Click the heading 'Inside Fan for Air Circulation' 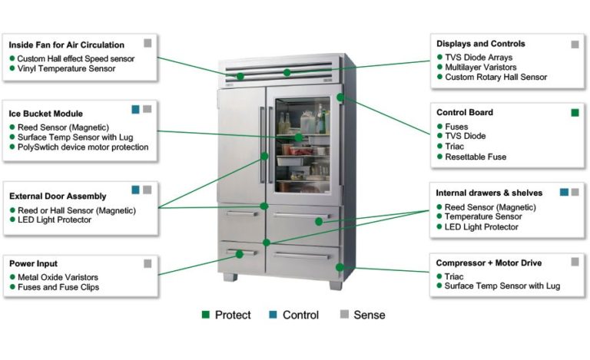click(77, 45)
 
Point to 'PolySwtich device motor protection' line click(82, 147)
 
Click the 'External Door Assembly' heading click(58, 196)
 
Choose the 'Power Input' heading click(33, 263)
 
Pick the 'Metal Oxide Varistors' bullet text click(57, 276)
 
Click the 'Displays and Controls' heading click(481, 44)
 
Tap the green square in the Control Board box click(575, 113)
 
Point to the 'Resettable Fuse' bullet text click(476, 157)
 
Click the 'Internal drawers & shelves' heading click(489, 193)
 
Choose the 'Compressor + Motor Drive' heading click(489, 263)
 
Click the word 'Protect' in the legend click(233, 315)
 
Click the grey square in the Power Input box click(147, 263)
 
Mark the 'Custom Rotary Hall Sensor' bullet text click(496, 78)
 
